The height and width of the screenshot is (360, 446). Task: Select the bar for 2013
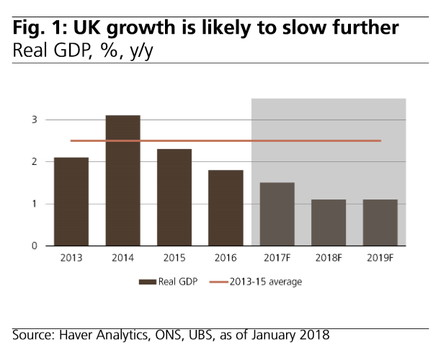pos(71,202)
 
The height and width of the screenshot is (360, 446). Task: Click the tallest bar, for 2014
pos(122,181)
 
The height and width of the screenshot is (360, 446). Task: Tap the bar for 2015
pos(174,197)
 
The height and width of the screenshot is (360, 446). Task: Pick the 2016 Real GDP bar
pos(226,208)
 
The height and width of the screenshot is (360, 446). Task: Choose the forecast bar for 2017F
pos(277,215)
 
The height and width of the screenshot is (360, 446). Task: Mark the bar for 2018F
pos(329,222)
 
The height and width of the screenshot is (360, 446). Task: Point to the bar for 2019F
pos(380,222)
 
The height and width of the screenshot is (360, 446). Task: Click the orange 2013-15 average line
pos(216,141)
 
